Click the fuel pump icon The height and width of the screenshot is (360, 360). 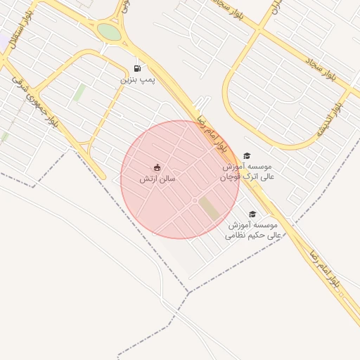136,68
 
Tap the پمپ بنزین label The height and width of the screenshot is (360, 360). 136,80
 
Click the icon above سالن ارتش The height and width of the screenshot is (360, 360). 157,167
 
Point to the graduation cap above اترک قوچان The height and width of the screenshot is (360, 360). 247,155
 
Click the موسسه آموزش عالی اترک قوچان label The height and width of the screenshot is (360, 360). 248,172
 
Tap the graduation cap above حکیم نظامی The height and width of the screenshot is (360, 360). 252,214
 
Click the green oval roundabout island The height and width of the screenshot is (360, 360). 109,32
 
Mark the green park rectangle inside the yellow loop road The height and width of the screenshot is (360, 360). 79,92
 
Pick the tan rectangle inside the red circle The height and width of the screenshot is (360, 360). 209,208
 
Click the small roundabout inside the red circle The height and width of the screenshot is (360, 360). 195,201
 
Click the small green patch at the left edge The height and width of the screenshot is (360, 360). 4,136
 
